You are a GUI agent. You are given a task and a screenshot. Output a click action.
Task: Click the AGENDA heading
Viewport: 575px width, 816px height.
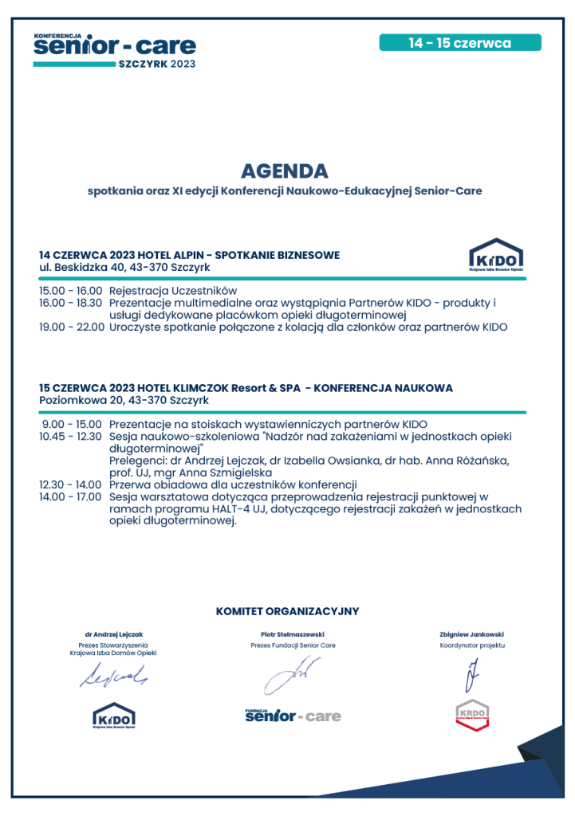[284, 171]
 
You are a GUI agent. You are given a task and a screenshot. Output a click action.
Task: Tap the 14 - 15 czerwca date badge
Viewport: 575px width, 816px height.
[460, 43]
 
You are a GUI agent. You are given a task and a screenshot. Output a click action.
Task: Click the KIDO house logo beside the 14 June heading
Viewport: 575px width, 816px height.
[496, 256]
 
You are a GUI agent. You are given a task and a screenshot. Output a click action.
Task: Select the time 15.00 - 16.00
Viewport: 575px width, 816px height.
[71, 292]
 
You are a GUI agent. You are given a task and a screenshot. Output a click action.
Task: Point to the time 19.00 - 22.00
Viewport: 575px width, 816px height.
[71, 327]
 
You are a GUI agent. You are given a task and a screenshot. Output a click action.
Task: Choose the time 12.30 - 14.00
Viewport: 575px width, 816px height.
[71, 484]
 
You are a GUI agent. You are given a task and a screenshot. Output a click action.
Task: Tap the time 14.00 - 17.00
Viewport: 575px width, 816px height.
[71, 496]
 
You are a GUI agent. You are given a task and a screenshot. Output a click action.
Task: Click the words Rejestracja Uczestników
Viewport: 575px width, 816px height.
[173, 292]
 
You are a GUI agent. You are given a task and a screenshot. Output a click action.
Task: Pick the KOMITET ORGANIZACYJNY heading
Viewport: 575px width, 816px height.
[287, 611]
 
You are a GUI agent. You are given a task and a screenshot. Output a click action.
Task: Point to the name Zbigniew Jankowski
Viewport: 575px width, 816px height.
[471, 634]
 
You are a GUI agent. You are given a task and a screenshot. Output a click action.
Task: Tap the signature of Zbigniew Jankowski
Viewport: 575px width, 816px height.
[471, 676]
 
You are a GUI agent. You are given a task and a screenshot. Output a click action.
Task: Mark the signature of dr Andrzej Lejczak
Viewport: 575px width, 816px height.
[112, 677]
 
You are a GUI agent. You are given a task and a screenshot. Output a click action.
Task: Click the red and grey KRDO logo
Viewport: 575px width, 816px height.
[471, 716]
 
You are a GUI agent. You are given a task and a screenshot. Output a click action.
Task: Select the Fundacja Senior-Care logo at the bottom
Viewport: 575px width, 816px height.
[293, 716]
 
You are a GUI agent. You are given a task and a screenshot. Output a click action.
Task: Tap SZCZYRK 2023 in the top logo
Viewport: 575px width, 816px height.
[156, 64]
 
